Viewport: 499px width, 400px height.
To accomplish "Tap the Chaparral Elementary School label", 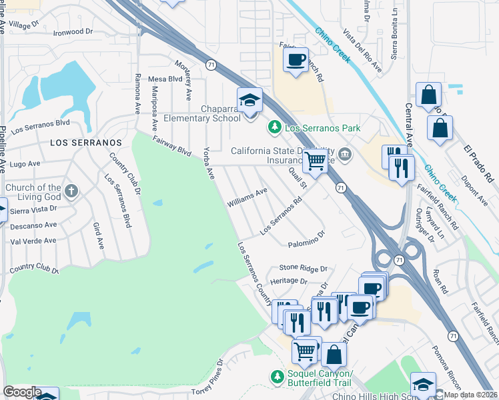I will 221,113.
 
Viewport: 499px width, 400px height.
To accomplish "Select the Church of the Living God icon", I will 71,193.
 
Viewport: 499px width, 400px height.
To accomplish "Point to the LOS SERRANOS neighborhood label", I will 86,143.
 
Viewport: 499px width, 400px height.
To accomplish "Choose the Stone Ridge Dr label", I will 304,268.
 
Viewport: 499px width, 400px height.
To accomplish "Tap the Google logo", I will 22,392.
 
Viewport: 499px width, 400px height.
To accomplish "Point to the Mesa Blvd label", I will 165,79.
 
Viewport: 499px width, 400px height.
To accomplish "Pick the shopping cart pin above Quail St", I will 315,160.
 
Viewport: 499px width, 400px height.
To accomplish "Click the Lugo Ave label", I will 25,163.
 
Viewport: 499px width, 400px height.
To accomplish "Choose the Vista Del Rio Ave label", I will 362,51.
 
